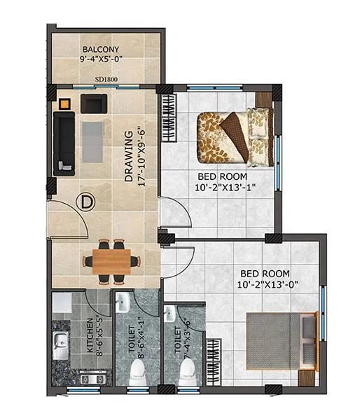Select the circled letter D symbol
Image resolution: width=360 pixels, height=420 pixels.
86,202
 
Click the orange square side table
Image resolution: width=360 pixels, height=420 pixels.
64,104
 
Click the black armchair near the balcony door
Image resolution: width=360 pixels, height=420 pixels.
93,103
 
